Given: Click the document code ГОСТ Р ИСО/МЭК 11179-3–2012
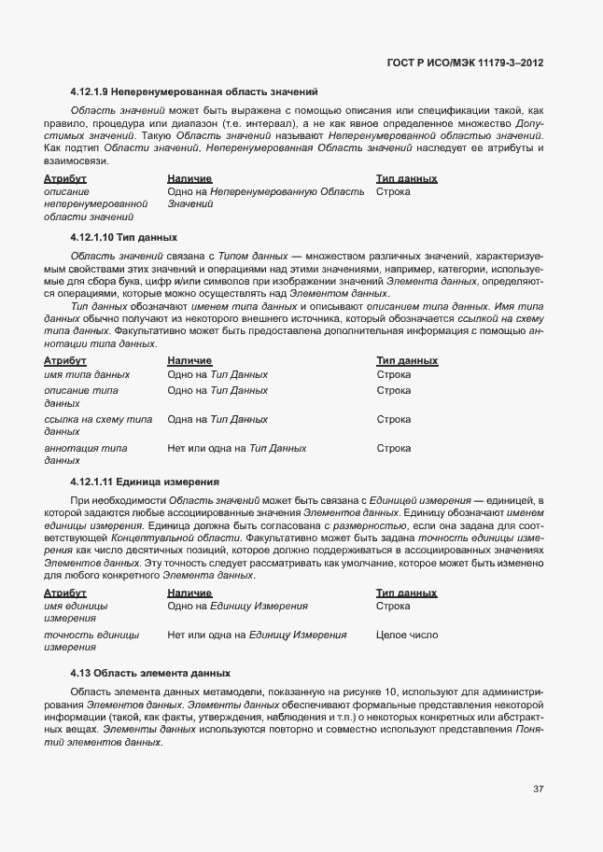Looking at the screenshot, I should point(464,63).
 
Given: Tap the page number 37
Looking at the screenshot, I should point(539,789).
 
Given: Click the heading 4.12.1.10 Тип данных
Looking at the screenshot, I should point(123,237).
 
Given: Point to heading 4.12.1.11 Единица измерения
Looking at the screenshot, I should point(145,482).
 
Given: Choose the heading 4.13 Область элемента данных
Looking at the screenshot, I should point(149,673).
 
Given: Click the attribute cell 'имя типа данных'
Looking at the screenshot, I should point(87,374).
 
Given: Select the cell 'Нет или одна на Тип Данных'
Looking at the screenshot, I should point(237,448).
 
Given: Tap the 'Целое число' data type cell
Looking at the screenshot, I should point(406,635).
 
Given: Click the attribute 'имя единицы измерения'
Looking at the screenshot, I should point(76,612).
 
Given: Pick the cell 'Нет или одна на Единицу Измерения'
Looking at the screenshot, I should point(257,635).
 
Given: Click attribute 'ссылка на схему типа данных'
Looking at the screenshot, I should point(97,426).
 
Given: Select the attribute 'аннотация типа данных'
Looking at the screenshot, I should point(86,454).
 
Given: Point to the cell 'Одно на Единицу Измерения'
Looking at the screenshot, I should point(237,606).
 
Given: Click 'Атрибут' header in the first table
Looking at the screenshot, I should point(65,177).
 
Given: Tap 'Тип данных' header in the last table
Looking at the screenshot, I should point(406,593).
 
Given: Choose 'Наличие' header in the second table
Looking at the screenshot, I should point(189,360).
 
